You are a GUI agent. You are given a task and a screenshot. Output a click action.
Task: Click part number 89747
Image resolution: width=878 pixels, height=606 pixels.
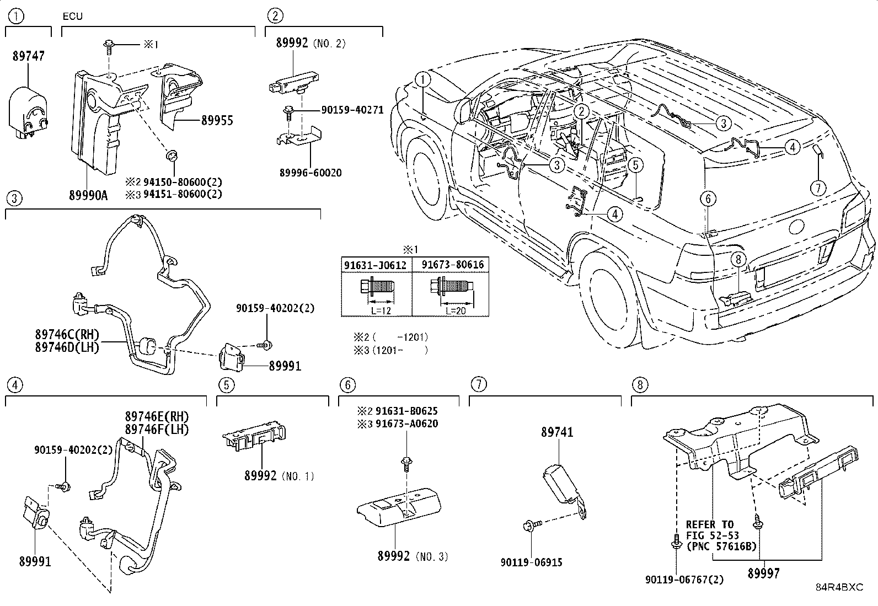pyautogui.click(x=28, y=56)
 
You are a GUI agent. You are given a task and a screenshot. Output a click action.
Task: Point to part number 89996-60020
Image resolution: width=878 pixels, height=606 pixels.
pyautogui.click(x=309, y=173)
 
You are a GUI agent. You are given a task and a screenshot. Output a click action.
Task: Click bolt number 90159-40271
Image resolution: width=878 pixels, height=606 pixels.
pyautogui.click(x=352, y=110)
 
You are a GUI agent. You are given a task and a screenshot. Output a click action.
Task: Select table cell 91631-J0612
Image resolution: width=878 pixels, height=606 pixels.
pyautogui.click(x=376, y=265)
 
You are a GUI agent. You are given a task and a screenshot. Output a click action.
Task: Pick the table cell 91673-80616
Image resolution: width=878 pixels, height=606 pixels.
pyautogui.click(x=452, y=265)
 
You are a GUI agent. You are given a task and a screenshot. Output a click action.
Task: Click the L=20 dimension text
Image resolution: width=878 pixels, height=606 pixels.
pyautogui.click(x=454, y=311)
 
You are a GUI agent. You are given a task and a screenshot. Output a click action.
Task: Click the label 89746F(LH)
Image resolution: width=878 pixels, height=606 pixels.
pyautogui.click(x=157, y=430)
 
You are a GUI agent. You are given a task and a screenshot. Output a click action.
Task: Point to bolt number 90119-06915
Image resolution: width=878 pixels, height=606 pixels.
pyautogui.click(x=531, y=562)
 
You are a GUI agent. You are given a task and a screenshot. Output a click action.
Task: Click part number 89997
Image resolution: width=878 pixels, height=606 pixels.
pyautogui.click(x=764, y=573)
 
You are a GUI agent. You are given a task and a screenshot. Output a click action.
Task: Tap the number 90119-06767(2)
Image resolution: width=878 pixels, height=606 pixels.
pyautogui.click(x=684, y=580)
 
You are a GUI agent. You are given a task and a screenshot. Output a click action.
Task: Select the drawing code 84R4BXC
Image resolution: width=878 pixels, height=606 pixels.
pyautogui.click(x=839, y=587)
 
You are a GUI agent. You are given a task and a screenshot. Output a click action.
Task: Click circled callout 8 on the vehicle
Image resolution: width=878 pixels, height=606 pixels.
pyautogui.click(x=739, y=258)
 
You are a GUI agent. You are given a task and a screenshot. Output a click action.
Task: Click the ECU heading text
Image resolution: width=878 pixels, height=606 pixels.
pyautogui.click(x=72, y=16)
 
